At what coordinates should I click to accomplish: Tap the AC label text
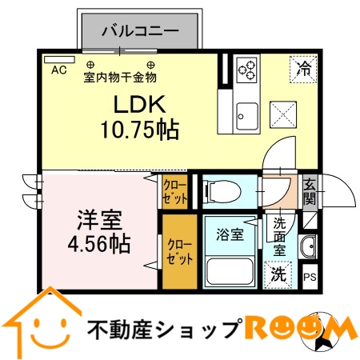[58, 70]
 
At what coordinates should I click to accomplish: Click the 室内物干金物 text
[120, 78]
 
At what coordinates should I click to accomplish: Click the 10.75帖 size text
[138, 127]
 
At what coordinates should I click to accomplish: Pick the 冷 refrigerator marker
[304, 68]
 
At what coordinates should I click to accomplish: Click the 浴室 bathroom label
[230, 234]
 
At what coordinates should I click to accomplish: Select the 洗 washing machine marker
[278, 273]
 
